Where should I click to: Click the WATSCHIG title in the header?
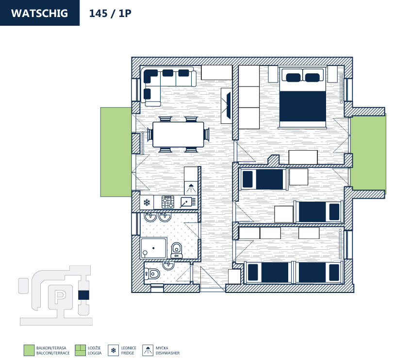click(39, 13)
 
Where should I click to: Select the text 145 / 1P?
click(110, 13)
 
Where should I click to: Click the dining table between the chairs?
click(178, 135)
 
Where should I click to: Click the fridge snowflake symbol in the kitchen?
click(146, 202)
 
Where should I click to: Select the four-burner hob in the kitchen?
click(168, 202)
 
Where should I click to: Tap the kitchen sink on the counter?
click(187, 202)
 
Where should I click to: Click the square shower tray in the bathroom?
click(154, 247)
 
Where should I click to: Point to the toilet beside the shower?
click(176, 248)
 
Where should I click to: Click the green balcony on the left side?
click(116, 152)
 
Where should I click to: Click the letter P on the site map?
click(60, 295)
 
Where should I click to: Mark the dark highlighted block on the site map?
click(83, 294)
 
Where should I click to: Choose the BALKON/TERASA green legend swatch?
click(29, 350)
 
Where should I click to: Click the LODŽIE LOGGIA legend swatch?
click(81, 350)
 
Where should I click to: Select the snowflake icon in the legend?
click(114, 350)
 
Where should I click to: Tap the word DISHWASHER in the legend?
click(167, 353)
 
